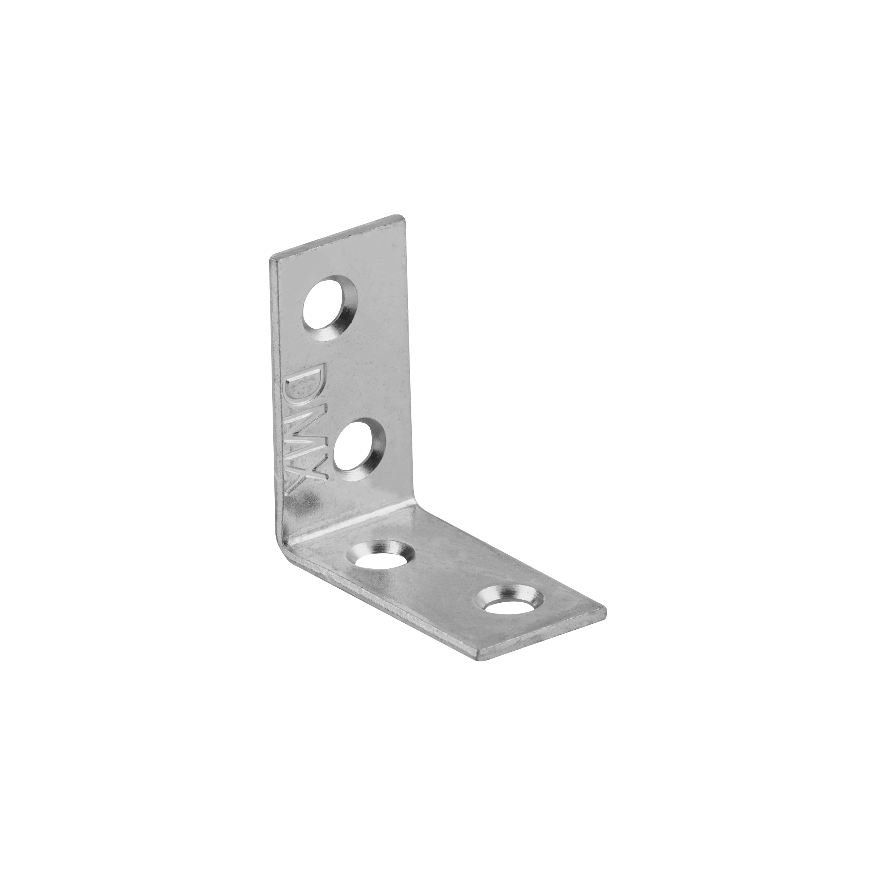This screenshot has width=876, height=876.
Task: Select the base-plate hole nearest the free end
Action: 509,601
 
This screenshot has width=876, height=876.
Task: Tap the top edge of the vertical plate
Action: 338,238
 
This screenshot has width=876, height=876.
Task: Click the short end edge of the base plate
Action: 542,637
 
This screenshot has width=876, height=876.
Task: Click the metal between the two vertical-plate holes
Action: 349,372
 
